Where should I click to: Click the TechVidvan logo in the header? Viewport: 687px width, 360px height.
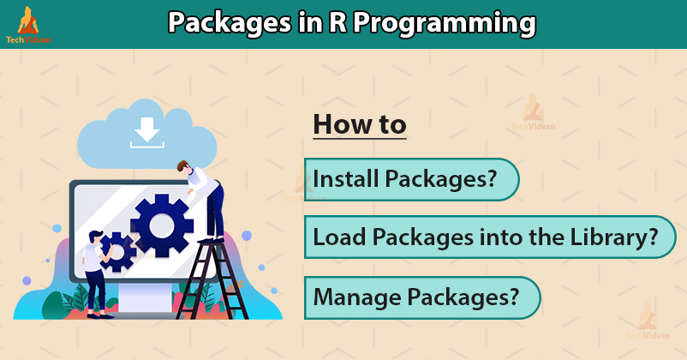28,25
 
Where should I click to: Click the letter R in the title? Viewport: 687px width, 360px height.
338,23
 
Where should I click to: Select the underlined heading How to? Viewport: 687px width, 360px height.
360,124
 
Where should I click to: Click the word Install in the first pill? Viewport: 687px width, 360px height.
345,178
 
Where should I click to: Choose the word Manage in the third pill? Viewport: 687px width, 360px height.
357,297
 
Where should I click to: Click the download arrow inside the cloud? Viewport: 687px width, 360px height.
146,132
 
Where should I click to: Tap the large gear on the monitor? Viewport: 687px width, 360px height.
162,225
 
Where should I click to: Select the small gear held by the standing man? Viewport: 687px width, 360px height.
117,252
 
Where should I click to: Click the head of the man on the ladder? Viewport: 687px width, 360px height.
184,167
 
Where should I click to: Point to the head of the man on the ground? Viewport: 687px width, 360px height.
96,237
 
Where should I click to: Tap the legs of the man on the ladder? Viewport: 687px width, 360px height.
215,213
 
